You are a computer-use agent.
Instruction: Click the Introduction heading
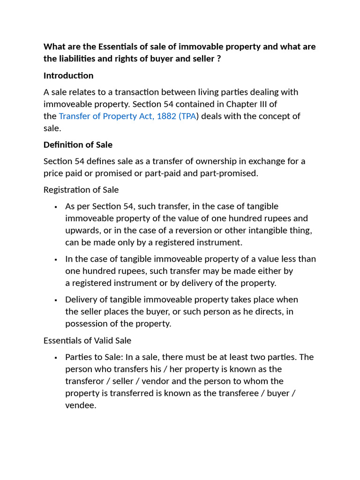coord(68,75)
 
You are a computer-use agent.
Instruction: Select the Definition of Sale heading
coord(78,144)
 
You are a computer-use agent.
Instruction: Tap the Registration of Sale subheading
coord(81,190)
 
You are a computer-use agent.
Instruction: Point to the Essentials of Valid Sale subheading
coord(87,340)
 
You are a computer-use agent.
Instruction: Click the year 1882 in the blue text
coord(167,116)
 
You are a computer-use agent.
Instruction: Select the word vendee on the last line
coord(80,405)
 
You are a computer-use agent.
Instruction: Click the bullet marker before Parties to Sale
coord(56,358)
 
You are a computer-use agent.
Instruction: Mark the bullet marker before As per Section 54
coord(56,207)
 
